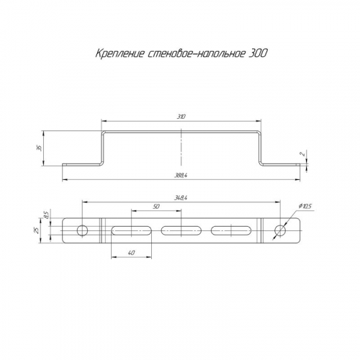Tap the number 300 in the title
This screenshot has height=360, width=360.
tap(258, 53)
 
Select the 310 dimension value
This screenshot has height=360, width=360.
tap(182, 117)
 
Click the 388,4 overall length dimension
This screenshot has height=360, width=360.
tap(181, 176)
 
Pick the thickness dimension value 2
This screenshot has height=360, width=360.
tap(304, 154)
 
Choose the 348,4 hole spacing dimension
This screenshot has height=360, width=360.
tap(181, 198)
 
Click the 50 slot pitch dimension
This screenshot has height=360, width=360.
tap(156, 207)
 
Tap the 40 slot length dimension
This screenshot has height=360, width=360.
tap(131, 253)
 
